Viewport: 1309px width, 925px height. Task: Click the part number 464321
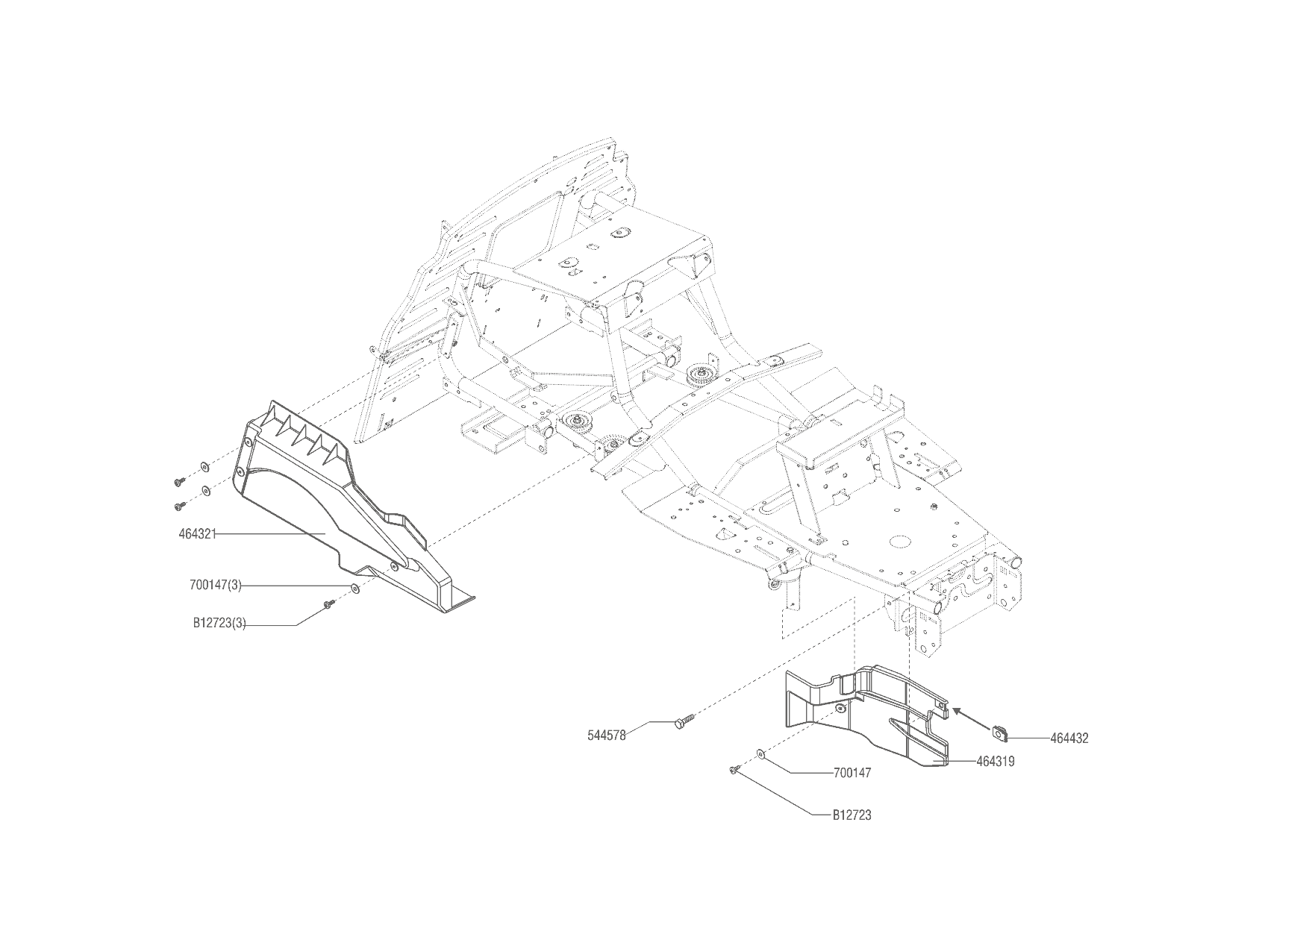(198, 534)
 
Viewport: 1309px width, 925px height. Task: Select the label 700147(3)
(216, 586)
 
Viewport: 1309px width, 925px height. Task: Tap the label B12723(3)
(219, 624)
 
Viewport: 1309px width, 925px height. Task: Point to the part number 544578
(607, 735)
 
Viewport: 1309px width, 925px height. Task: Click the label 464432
(1069, 739)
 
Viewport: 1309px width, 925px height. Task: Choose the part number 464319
(996, 762)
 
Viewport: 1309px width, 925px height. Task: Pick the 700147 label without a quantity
(852, 774)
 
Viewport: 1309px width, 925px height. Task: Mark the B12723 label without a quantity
(852, 815)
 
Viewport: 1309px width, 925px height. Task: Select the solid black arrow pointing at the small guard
(970, 717)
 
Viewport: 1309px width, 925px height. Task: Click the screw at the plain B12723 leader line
(734, 768)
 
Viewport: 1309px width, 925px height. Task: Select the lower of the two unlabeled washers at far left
(204, 492)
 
